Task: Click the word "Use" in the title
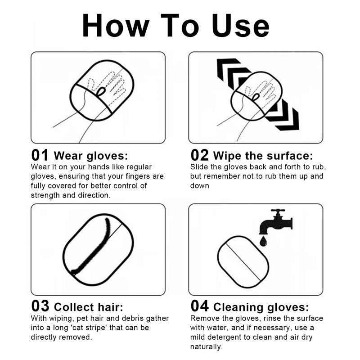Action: tap(241, 25)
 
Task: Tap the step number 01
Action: tap(40, 155)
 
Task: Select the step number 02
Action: tap(199, 155)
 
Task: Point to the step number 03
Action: tap(40, 306)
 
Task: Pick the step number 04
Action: tap(200, 306)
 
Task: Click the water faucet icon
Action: tap(276, 221)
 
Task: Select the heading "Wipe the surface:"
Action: tap(263, 156)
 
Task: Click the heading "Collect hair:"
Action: tap(89, 307)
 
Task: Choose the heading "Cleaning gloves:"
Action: tap(261, 307)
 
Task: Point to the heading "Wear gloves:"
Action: tap(91, 156)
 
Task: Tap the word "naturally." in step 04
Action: tap(207, 346)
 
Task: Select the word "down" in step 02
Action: tap(199, 185)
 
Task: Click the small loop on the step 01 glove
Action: tap(101, 91)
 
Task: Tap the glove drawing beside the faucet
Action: tap(243, 262)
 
